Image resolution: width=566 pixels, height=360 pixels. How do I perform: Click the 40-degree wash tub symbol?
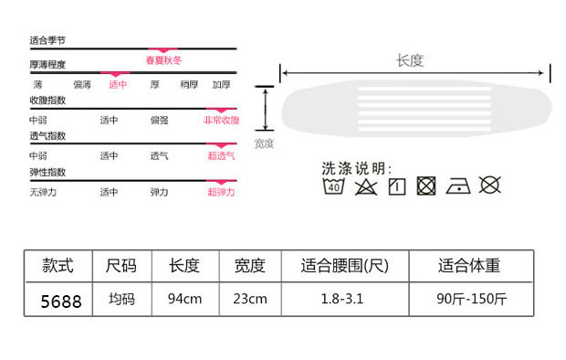coord(333,185)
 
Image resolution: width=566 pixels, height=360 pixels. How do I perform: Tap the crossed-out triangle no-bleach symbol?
coord(366,187)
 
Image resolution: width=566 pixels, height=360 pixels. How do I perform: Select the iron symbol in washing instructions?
coord(458,186)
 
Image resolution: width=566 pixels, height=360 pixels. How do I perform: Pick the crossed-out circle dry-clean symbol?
coord(490,185)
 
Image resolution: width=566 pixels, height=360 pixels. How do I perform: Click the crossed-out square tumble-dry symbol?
coord(426,186)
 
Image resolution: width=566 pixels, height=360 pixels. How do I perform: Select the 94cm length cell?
coord(185,299)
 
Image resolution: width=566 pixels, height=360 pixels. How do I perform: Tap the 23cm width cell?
coord(250,299)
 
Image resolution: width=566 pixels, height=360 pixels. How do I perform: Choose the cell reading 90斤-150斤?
coord(471,299)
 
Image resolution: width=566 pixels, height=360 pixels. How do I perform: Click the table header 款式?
coord(58,266)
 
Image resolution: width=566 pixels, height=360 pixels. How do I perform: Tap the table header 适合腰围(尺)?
coord(345,266)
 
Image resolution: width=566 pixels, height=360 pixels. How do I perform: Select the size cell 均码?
coord(122,299)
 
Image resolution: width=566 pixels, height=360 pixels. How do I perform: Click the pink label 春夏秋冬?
coord(163,60)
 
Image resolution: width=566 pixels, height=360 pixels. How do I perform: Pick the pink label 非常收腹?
coord(221,120)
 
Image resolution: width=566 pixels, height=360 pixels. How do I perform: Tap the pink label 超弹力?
coord(221,192)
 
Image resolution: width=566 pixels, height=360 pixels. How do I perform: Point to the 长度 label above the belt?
coord(410,60)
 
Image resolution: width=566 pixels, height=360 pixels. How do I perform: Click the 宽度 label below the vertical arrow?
coord(264,143)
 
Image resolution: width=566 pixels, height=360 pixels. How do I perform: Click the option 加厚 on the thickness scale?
coord(221,85)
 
